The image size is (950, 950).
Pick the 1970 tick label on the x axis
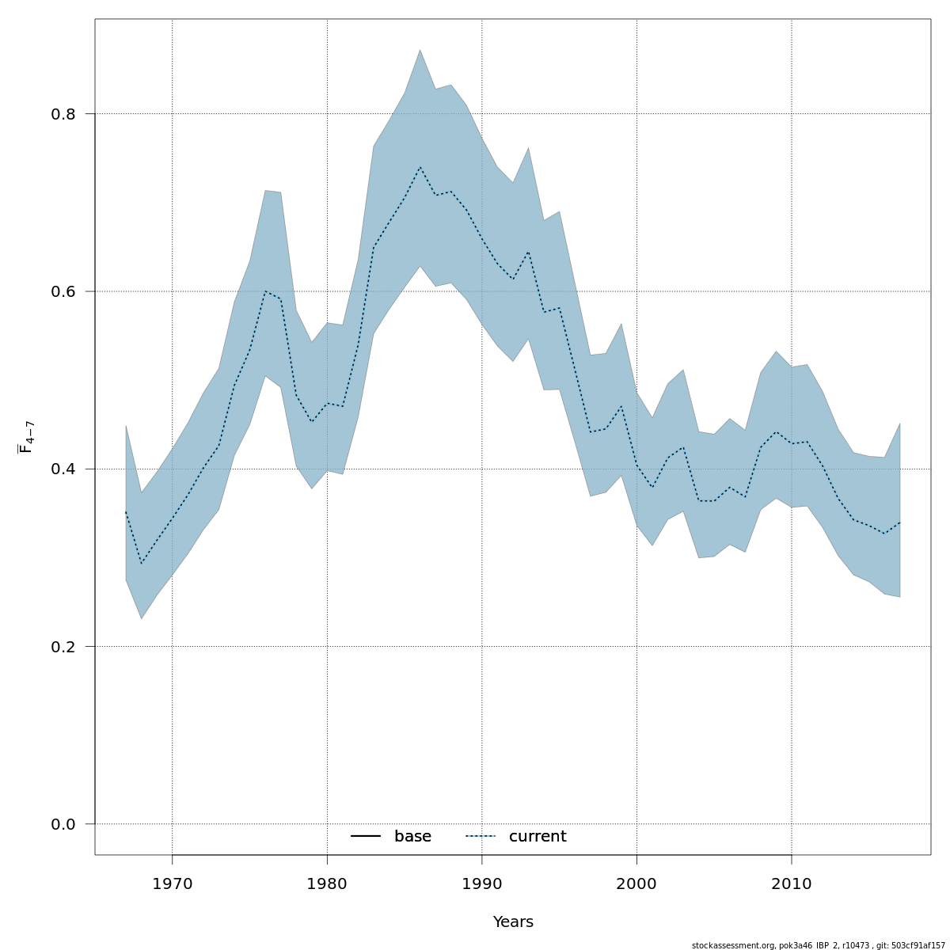click(172, 884)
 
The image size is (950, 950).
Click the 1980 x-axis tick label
click(327, 884)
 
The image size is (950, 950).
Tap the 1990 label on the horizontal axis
click(482, 884)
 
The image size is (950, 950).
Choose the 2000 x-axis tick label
click(636, 884)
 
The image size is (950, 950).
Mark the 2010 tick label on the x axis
click(792, 884)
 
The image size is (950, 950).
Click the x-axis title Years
click(513, 922)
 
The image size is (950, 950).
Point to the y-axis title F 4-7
click(26, 437)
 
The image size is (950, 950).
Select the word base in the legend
click(412, 837)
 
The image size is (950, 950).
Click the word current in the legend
click(538, 837)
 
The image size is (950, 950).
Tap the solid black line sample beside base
click(366, 837)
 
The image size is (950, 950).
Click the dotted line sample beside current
click(481, 837)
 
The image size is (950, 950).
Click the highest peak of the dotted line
click(420, 167)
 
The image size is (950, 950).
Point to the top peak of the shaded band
click(420, 50)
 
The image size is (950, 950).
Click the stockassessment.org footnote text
click(818, 945)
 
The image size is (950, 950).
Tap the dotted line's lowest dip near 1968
click(142, 563)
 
